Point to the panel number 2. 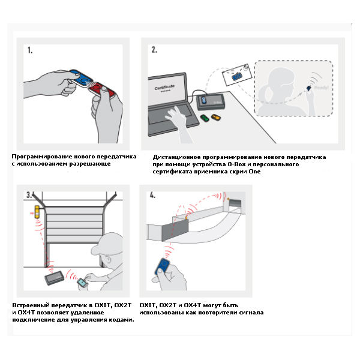[154, 50]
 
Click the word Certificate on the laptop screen [164, 88]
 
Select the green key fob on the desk [205, 118]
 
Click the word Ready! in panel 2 [322, 88]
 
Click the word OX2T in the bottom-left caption [121, 305]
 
